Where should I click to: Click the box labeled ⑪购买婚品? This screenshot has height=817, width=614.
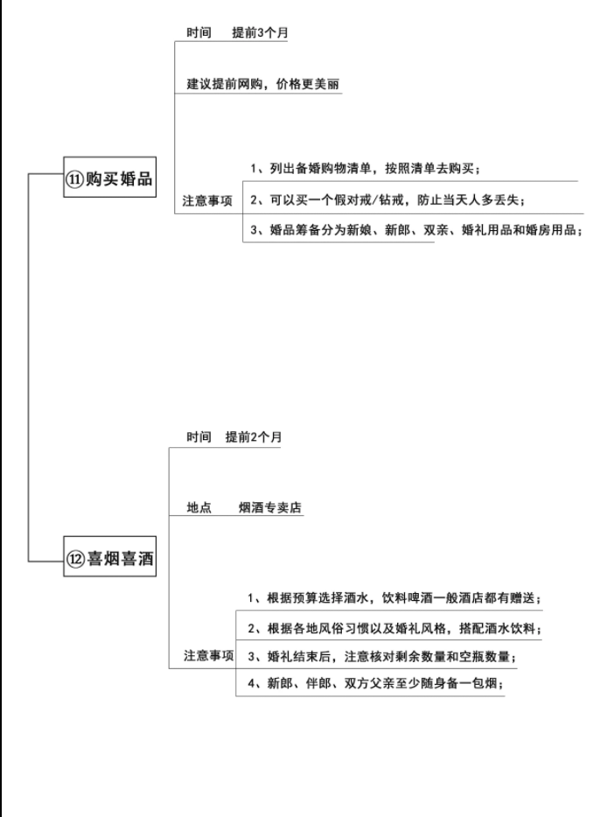click(x=109, y=178)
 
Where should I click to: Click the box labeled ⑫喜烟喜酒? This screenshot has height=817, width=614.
click(x=109, y=556)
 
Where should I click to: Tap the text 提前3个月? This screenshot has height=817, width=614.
click(x=260, y=32)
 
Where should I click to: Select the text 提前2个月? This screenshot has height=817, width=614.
click(x=254, y=436)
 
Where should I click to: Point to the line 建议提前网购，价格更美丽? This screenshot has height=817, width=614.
click(x=263, y=84)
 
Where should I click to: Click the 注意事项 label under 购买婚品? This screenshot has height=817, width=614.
click(x=207, y=200)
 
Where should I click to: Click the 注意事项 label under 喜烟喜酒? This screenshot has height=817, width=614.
click(x=208, y=655)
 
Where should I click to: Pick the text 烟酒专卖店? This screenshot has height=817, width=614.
click(x=270, y=507)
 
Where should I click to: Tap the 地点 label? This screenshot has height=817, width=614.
click(x=199, y=507)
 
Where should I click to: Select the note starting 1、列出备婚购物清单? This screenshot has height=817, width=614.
click(x=365, y=168)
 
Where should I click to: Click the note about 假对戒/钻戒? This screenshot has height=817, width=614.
click(x=387, y=200)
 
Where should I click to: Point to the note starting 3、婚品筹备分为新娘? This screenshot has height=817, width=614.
click(x=415, y=230)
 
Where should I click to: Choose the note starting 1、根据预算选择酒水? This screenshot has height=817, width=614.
click(x=394, y=597)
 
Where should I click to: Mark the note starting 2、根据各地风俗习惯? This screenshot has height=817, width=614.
click(x=394, y=628)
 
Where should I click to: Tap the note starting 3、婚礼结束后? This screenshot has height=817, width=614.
click(x=381, y=656)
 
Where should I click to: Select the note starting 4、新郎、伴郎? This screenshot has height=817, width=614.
click(x=375, y=682)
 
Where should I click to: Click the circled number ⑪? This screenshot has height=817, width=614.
click(x=74, y=179)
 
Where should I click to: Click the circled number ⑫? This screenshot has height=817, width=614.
click(x=75, y=559)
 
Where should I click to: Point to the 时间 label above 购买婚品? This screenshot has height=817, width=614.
click(x=199, y=32)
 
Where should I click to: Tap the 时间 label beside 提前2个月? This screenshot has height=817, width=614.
click(x=199, y=436)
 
